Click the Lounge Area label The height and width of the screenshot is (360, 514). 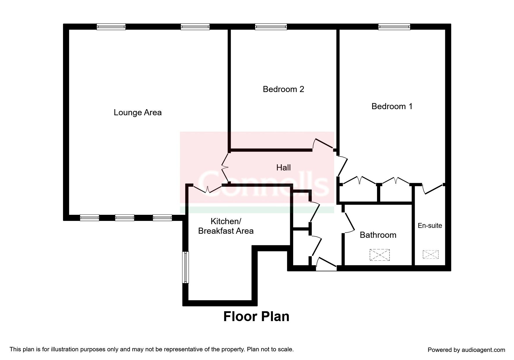[x=138, y=113]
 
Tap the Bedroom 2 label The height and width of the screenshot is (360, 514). [x=283, y=89]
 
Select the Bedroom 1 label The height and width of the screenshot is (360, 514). [x=392, y=106]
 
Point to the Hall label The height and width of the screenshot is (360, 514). [x=283, y=168]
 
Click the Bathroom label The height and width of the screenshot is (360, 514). [x=378, y=235]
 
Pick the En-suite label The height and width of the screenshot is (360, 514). [x=430, y=226]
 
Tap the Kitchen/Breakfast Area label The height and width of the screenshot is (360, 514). [x=226, y=226]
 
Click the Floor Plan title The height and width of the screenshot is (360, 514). [x=256, y=316]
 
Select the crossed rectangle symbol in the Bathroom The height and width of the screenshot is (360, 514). [x=380, y=255]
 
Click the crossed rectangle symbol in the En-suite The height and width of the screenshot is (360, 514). [x=430, y=255]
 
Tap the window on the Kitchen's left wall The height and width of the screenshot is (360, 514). [x=185, y=267]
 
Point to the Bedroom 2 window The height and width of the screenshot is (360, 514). [x=271, y=27]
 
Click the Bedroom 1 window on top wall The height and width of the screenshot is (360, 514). [x=394, y=27]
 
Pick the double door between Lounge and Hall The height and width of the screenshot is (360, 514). [x=225, y=168]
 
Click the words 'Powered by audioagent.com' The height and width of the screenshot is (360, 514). [x=466, y=350]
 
